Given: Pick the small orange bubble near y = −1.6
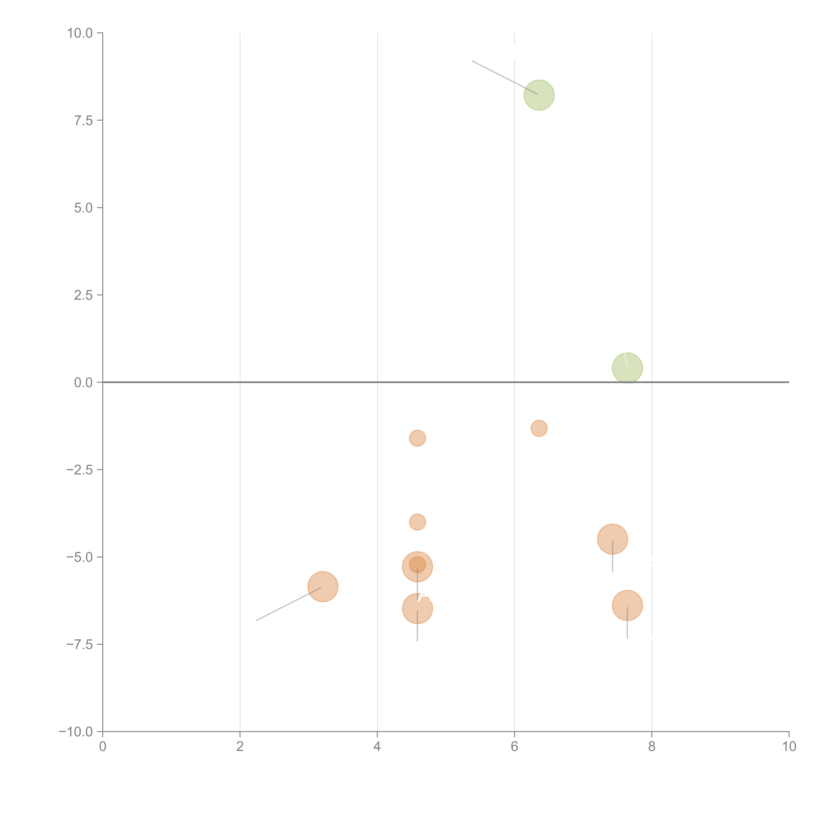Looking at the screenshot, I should [417, 438].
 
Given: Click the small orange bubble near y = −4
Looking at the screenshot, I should [417, 522].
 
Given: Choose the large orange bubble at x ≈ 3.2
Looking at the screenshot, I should [323, 587].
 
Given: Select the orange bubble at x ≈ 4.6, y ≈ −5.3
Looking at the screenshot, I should [417, 567].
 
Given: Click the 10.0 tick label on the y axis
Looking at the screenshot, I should [80, 33].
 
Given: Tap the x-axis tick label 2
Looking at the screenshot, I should [240, 747].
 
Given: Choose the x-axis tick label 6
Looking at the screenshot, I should [514, 747].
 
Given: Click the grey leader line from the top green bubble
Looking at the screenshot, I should [505, 77].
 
